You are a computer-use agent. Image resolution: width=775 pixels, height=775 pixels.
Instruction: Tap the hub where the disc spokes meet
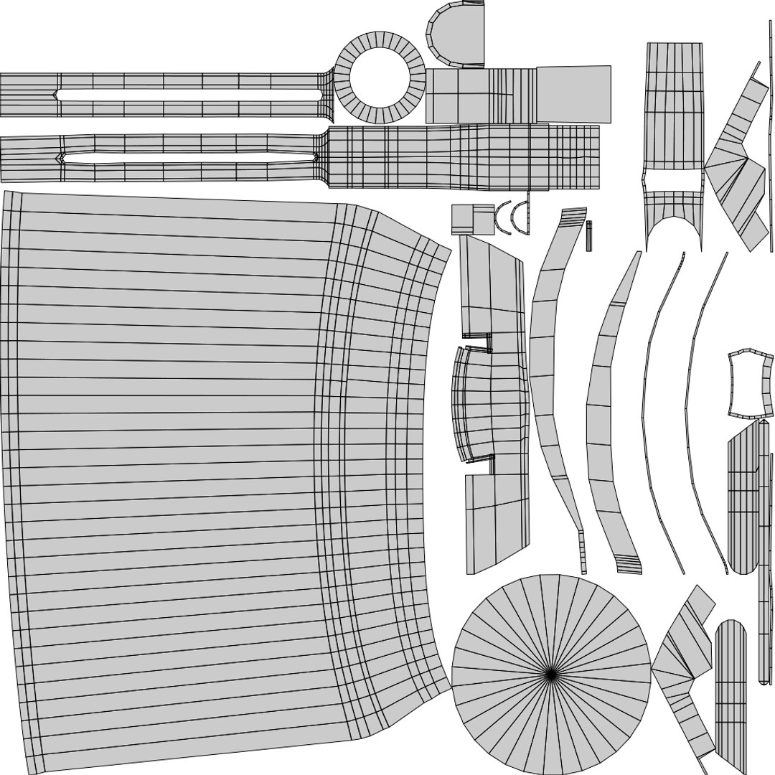click(x=551, y=673)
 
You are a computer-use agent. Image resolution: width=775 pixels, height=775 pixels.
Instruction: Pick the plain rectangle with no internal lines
click(x=574, y=93)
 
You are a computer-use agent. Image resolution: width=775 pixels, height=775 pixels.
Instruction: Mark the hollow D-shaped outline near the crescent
click(x=523, y=218)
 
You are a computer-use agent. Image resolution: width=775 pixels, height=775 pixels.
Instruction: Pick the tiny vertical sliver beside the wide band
click(x=589, y=235)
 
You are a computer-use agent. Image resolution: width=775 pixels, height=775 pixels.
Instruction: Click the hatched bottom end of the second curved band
click(x=628, y=565)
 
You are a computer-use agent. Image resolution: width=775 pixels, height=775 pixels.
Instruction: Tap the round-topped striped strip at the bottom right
click(x=731, y=682)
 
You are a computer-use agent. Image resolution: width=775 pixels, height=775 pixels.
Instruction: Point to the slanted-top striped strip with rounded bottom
click(x=743, y=502)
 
